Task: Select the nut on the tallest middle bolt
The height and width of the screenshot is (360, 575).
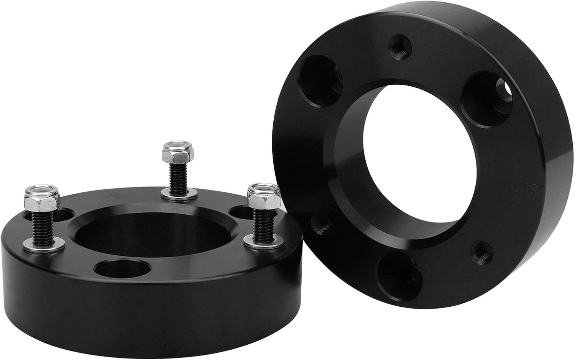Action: click(177, 153)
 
